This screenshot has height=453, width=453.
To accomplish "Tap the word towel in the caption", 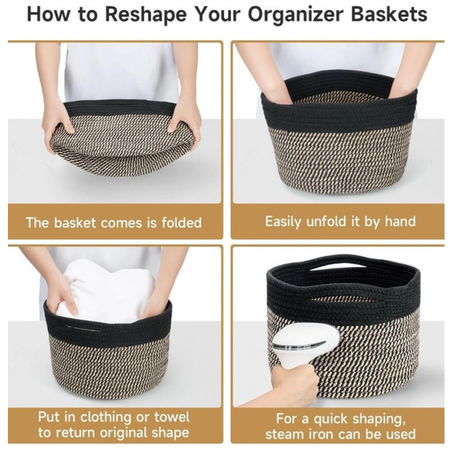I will [x=172, y=418].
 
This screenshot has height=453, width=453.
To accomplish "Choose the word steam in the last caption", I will [x=284, y=435].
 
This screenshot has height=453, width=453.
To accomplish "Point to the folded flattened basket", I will [x=122, y=142].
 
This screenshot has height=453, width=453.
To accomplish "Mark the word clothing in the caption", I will [x=106, y=418].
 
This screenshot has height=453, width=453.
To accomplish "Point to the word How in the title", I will [x=46, y=14].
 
